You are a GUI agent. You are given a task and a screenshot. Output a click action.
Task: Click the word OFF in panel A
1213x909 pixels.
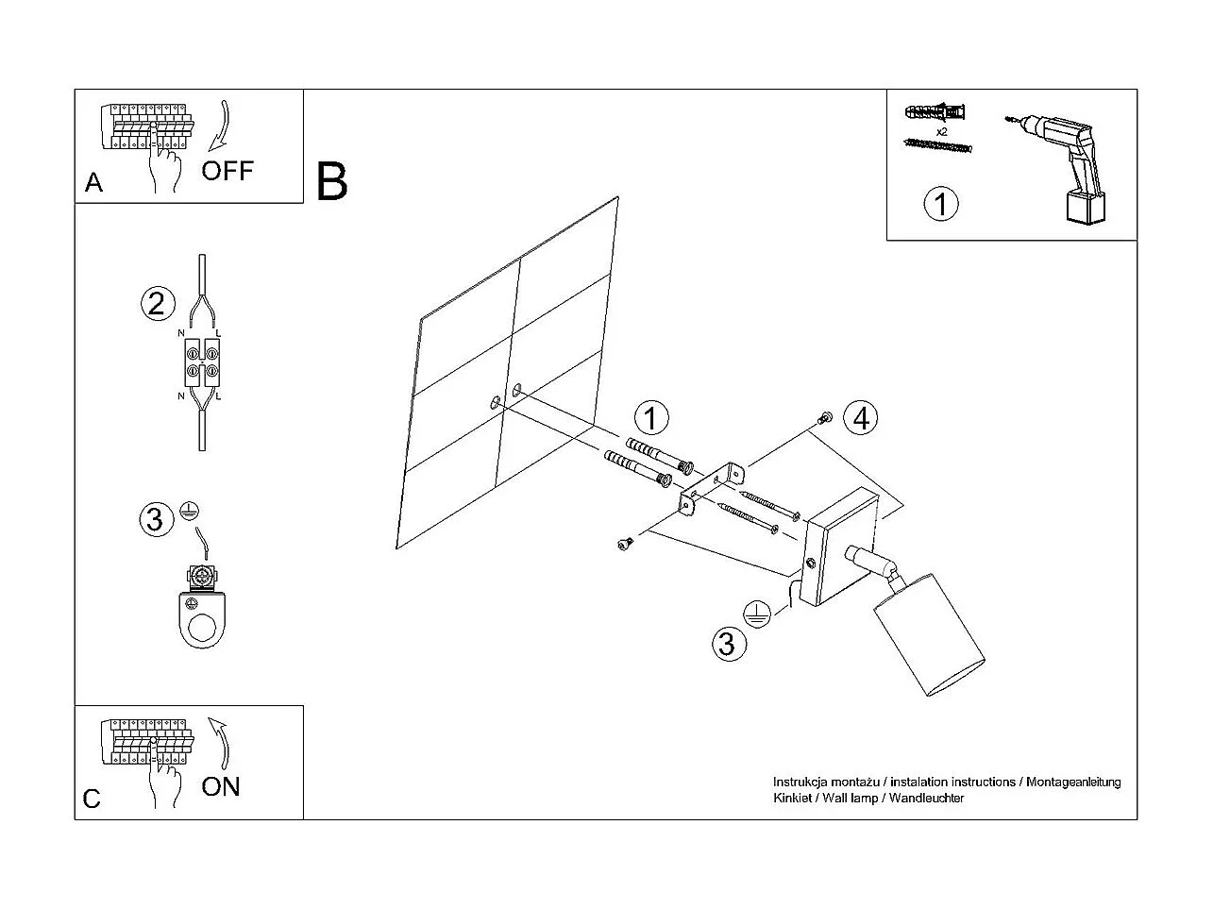tap(227, 171)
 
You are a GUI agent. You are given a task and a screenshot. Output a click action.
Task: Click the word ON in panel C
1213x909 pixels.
tap(221, 786)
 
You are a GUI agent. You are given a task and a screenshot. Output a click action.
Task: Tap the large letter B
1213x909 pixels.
tap(331, 181)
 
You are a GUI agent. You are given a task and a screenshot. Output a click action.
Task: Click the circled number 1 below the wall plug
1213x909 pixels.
tap(940, 204)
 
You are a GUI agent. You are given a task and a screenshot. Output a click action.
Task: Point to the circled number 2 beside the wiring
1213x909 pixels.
tap(158, 303)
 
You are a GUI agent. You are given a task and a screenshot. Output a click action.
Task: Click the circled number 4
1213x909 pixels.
tap(860, 417)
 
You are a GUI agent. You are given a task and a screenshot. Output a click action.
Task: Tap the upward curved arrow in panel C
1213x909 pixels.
tap(223, 741)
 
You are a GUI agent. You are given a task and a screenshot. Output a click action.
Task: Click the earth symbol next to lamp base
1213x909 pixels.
tap(756, 614)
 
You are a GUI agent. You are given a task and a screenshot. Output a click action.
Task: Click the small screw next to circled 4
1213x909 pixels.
tap(826, 418)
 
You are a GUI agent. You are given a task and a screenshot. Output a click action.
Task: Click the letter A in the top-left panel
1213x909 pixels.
tap(93, 182)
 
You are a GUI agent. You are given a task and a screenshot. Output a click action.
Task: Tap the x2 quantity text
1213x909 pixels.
tap(941, 131)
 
